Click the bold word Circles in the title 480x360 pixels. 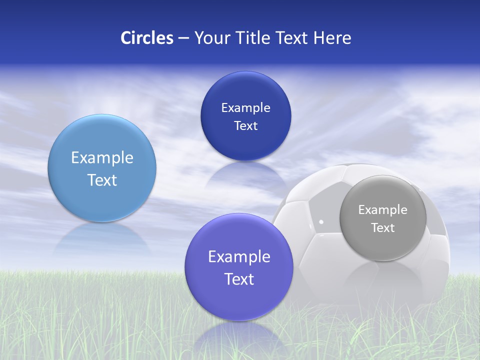(x=147, y=38)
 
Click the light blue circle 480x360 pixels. (x=102, y=168)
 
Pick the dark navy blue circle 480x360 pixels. (x=245, y=116)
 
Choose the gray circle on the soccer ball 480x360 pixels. (x=383, y=218)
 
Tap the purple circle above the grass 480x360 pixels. (x=239, y=267)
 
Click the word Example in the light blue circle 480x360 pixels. (x=102, y=157)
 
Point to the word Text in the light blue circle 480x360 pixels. (x=102, y=180)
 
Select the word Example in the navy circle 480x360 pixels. (x=245, y=107)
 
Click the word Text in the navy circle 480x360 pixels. (x=245, y=125)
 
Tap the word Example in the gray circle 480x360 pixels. (x=383, y=209)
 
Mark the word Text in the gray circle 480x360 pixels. (x=383, y=228)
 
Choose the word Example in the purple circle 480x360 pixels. (x=239, y=256)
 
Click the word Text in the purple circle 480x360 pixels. (x=239, y=279)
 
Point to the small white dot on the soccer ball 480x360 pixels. (x=321, y=221)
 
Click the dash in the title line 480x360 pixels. (x=183, y=38)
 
